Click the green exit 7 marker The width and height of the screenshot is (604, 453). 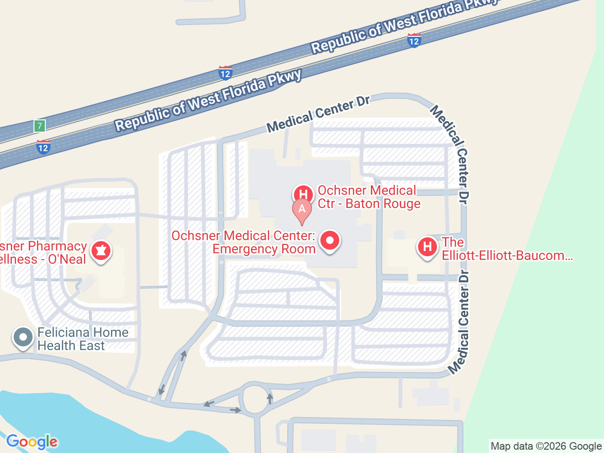click(40, 126)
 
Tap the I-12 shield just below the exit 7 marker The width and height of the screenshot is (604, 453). click(43, 147)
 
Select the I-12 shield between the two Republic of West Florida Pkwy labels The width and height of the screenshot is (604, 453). click(225, 73)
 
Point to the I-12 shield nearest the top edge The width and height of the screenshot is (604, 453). click(414, 41)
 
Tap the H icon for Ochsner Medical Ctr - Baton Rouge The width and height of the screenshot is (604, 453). click(303, 194)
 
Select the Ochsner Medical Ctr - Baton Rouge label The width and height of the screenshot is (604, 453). click(369, 197)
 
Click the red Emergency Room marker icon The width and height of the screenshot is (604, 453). click(330, 241)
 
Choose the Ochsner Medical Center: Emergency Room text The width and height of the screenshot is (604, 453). click(243, 242)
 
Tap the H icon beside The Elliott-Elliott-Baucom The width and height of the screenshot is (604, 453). click(428, 246)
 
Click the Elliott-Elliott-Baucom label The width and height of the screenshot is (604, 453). click(507, 249)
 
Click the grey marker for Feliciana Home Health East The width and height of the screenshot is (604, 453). click(23, 337)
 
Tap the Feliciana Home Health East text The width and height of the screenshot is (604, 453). click(83, 339)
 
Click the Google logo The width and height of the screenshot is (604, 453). click(32, 442)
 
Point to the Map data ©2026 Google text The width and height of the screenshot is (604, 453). click(546, 446)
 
